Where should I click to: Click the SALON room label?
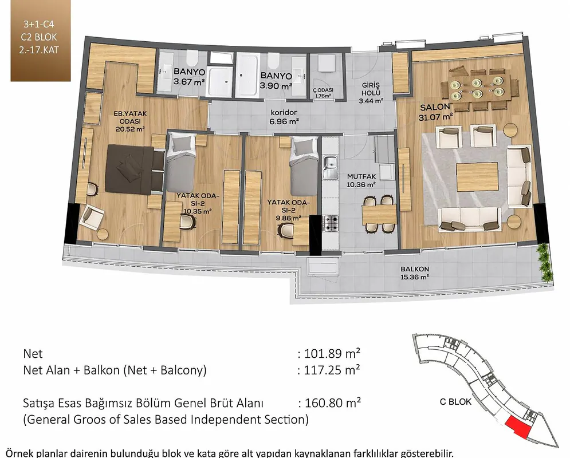435,107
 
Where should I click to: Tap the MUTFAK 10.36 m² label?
361,180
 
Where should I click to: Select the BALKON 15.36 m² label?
415,273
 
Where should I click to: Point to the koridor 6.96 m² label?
284,117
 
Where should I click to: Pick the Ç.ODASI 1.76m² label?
323,93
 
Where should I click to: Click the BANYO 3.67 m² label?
189,76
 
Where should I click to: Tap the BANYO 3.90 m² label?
276,81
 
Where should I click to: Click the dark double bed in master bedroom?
133,169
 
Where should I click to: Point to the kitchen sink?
331,167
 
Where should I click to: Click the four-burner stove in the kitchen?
331,224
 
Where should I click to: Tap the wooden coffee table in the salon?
477,177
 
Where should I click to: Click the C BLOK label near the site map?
455,402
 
